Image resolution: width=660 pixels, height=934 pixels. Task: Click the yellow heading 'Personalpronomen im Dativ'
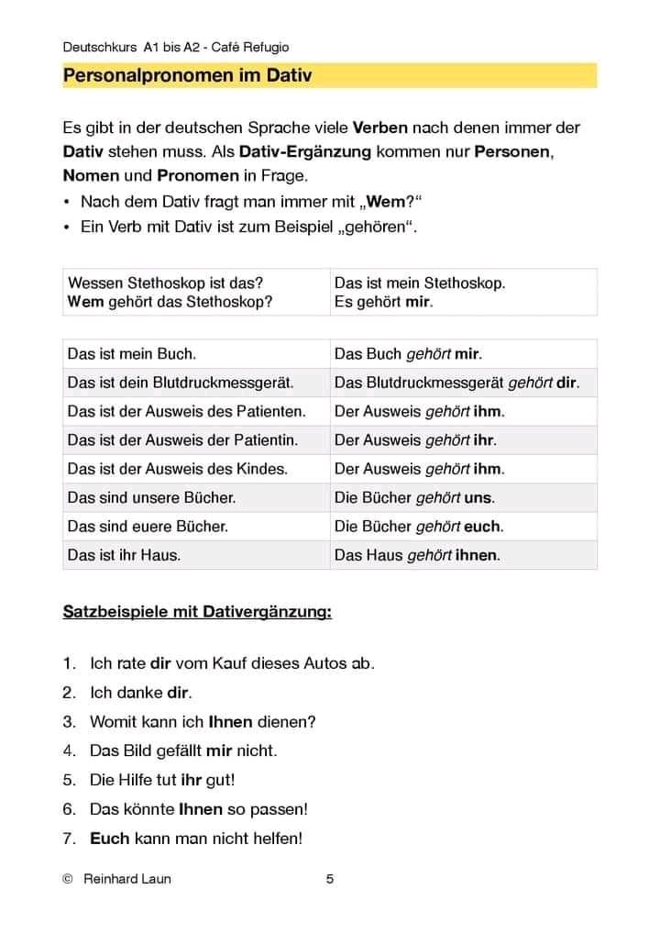[x=187, y=76]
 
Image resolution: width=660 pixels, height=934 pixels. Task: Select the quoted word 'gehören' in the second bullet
[x=374, y=227]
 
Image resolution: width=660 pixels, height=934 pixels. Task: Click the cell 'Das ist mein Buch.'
[x=132, y=353]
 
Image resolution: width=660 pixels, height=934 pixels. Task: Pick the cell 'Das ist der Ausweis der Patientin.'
[x=182, y=439]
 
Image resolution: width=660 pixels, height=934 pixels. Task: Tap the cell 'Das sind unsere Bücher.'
[x=151, y=497]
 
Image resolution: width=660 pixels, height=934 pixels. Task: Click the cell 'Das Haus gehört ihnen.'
[x=417, y=555]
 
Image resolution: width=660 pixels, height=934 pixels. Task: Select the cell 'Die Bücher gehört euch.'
[x=419, y=527]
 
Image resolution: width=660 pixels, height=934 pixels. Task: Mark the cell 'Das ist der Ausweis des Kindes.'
[x=178, y=469]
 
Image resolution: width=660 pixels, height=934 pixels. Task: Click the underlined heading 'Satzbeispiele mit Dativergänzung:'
[x=197, y=612]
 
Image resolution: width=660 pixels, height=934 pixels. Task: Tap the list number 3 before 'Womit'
[x=69, y=721]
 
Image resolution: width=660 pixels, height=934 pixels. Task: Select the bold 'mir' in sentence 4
[x=219, y=751]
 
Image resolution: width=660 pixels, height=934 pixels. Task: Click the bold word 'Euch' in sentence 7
[x=110, y=838]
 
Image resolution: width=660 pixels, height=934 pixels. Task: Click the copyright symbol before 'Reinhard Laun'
[x=67, y=879]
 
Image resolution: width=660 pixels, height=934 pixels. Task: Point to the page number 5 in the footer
[x=330, y=879]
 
